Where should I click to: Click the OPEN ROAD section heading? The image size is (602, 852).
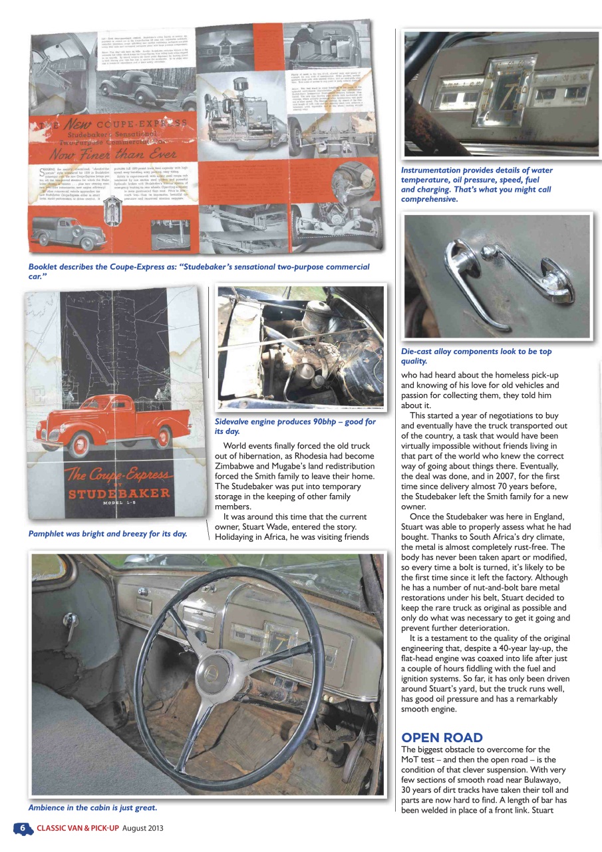coord(442,738)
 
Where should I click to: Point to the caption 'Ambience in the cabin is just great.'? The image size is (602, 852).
coord(92,807)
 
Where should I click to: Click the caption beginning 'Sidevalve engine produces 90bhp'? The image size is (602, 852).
coord(295,427)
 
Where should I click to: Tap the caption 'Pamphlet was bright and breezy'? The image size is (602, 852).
coord(107,533)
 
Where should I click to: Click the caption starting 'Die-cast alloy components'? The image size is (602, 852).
coord(476,356)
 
